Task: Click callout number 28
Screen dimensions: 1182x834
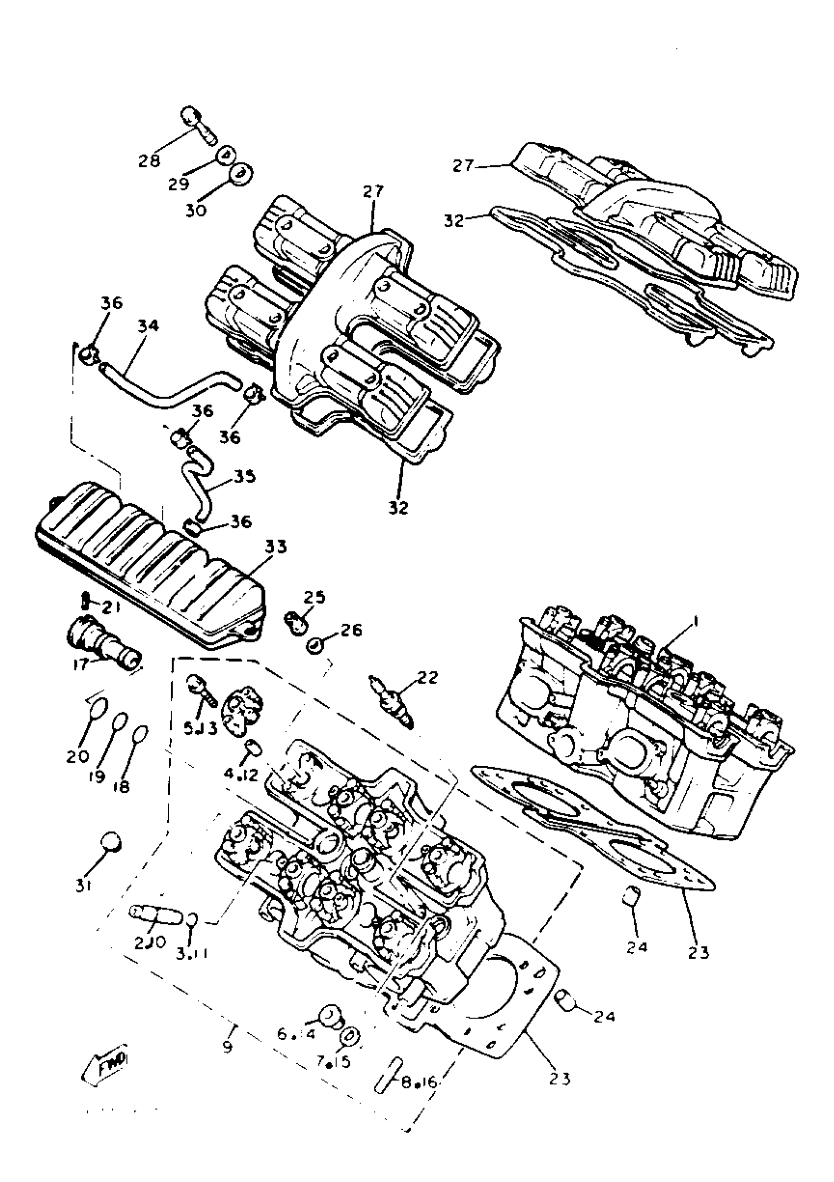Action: click(x=149, y=161)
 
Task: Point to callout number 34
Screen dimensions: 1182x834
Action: click(x=148, y=326)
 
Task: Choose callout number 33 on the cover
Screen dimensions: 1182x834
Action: click(x=275, y=547)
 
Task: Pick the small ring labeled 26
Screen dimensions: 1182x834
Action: click(x=315, y=645)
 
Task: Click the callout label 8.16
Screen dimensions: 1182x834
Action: click(x=418, y=1083)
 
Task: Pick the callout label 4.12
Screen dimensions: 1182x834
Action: click(x=240, y=774)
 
